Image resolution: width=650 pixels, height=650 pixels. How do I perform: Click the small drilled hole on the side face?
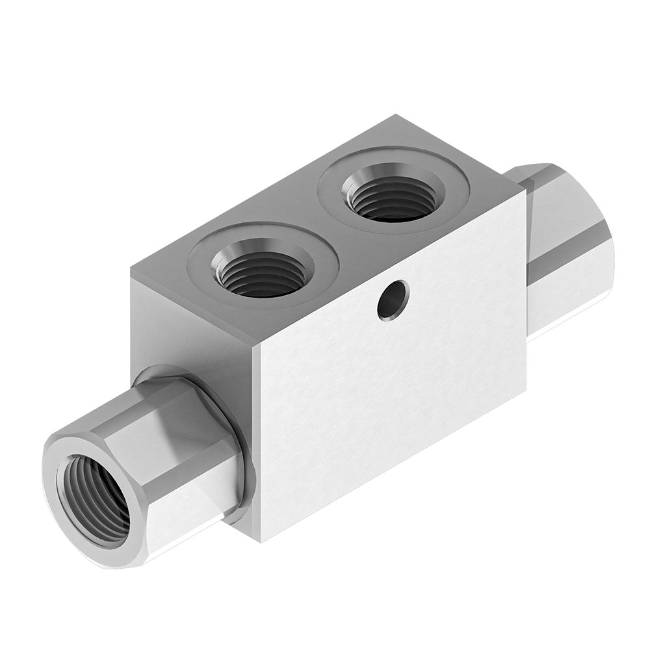coord(393,300)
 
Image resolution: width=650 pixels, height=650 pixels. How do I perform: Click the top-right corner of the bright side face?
coord(525,190)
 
